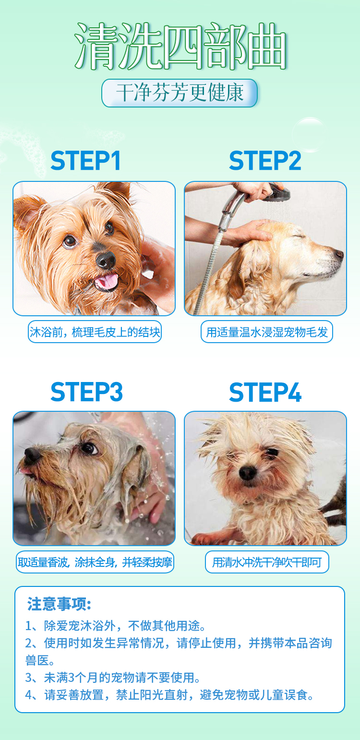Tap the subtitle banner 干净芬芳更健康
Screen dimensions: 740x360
[x=180, y=93]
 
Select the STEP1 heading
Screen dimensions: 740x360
[x=85, y=161]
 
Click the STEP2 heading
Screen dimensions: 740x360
[x=265, y=161]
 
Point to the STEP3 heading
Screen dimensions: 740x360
[x=86, y=392]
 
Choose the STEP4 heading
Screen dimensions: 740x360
[x=265, y=392]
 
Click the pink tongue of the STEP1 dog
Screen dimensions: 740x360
[x=107, y=281]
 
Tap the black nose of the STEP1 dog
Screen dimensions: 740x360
[x=105, y=260]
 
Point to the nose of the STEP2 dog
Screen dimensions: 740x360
[x=339, y=254]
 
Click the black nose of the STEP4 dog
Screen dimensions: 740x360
[x=248, y=473]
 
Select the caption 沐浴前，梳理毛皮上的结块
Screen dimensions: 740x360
[x=95, y=332]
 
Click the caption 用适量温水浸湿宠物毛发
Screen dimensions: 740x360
[x=266, y=332]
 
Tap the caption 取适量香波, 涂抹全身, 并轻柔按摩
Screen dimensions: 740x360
[x=95, y=562]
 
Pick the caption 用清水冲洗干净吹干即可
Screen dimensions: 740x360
[x=267, y=562]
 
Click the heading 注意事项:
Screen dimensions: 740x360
[x=59, y=604]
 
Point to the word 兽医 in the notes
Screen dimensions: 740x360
[x=37, y=660]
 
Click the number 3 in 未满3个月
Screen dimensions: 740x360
[x=72, y=678]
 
